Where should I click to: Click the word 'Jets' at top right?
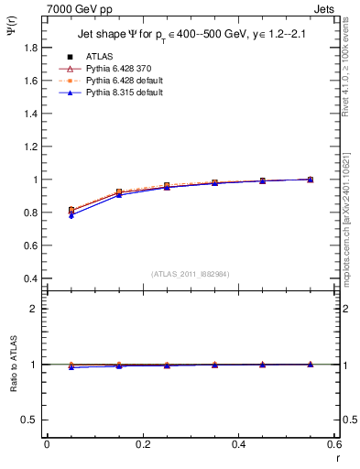pyautogui.click(x=325, y=7)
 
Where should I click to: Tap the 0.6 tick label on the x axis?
pyautogui.click(x=334, y=445)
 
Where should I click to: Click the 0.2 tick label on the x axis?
pyautogui.click(x=142, y=445)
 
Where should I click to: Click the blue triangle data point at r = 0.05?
pyautogui.click(x=71, y=215)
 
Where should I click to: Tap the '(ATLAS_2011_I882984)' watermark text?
pyautogui.click(x=191, y=273)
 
